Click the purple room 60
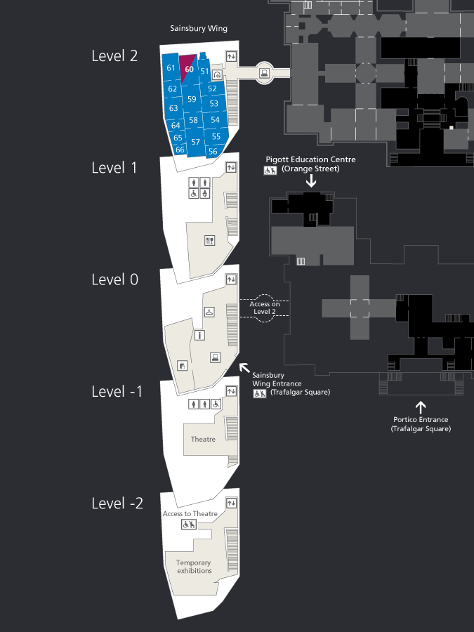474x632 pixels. pos(187,66)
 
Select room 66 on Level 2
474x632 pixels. pos(180,150)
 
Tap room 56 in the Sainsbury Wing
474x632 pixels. pos(213,152)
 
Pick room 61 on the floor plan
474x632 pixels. pos(171,67)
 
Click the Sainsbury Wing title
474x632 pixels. pos(199,28)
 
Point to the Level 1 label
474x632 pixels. pos(114,168)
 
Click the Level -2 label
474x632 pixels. pos(117,503)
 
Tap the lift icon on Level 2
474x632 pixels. pos(231,56)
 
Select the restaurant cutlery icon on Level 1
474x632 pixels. pos(209,241)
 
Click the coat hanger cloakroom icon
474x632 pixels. pos(209,312)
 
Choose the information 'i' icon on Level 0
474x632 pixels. pos(199,335)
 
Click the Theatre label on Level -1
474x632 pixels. pos(203,439)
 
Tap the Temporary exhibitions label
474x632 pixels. pos(194,567)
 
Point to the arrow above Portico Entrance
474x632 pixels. pos(421,407)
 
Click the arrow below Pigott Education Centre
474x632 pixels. pos(311,180)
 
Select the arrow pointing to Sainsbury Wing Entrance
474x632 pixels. pos(244,368)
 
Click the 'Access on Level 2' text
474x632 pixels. pos(265,308)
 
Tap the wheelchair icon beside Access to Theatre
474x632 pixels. pos(189,524)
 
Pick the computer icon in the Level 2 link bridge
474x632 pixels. pos(265,73)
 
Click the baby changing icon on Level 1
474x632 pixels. pos(205,194)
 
